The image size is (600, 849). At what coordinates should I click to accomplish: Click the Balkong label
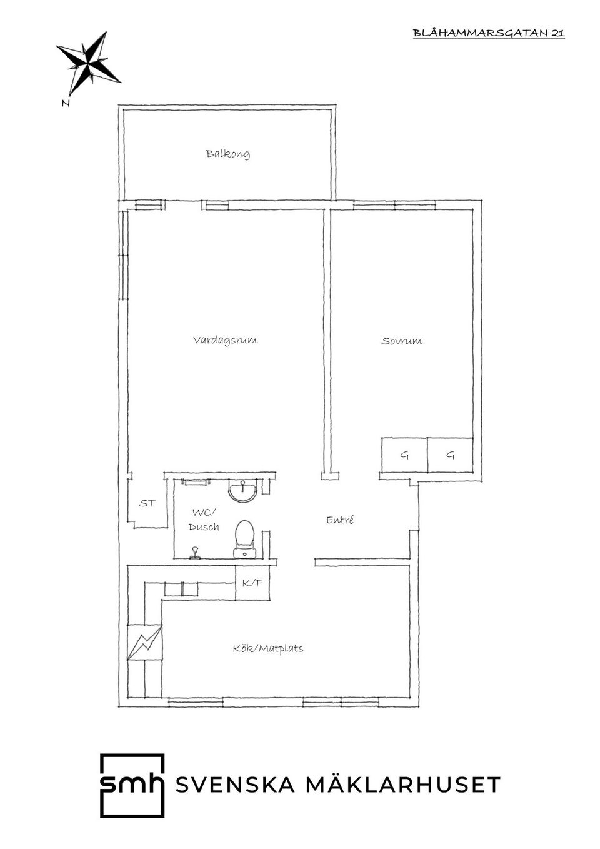click(227, 154)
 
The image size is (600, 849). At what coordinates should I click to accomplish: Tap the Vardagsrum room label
click(226, 339)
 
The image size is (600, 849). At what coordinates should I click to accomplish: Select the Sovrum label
click(401, 341)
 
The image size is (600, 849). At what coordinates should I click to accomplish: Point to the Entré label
click(340, 520)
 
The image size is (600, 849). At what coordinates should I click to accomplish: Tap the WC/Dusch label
click(204, 520)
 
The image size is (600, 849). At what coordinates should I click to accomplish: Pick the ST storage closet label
click(147, 503)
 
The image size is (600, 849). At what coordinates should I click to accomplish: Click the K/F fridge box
click(252, 583)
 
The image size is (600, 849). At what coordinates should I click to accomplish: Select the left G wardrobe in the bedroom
click(404, 455)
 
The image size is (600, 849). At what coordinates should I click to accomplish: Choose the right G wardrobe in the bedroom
click(451, 455)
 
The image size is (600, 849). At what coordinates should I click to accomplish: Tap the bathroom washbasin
click(243, 490)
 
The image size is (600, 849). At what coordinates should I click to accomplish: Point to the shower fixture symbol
click(196, 552)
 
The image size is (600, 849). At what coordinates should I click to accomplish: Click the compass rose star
click(89, 63)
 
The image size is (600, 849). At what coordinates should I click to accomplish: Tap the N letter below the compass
click(66, 103)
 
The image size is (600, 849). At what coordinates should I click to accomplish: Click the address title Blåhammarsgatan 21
click(489, 33)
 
